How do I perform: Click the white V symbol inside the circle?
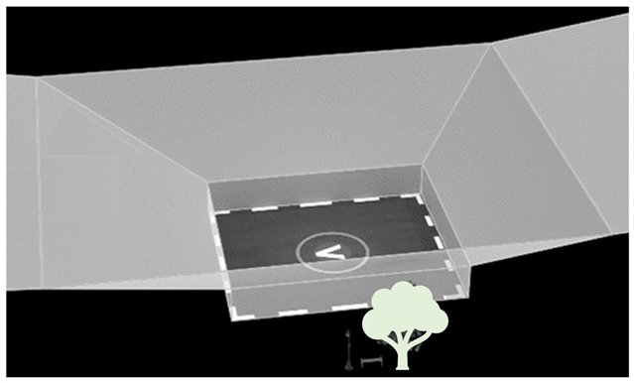pos(329,253)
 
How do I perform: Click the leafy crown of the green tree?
pos(405,310)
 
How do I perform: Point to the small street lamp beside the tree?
pos(348,349)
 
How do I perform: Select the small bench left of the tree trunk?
pos(371,361)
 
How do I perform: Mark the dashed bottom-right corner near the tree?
pos(459,292)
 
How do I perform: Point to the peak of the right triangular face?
pos(490,45)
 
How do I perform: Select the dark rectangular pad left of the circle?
pos(259,238)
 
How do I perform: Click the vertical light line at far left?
pos(40,182)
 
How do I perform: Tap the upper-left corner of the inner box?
pos(209,184)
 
